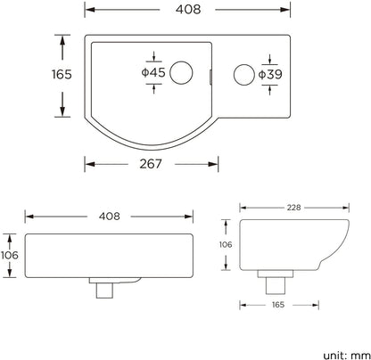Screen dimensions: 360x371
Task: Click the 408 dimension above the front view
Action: click(109, 217)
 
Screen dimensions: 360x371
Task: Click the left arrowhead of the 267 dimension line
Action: click(87, 164)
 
